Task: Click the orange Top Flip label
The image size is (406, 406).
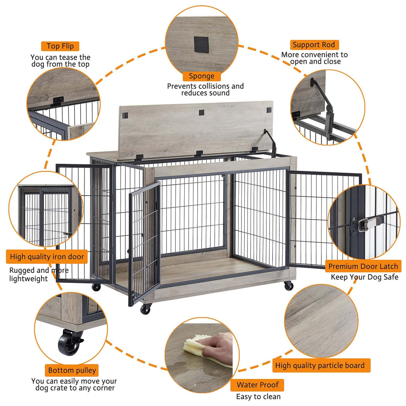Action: pyautogui.click(x=60, y=46)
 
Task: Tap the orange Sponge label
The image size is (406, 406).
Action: pyautogui.click(x=201, y=76)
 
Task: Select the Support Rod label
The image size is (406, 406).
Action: pyautogui.click(x=314, y=45)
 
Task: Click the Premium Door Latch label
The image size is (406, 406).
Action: pyautogui.click(x=363, y=266)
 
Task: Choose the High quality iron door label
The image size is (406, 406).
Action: pyautogui.click(x=47, y=257)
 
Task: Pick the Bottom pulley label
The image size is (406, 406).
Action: pyautogui.click(x=72, y=370)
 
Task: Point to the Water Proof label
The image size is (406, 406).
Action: pyautogui.click(x=257, y=385)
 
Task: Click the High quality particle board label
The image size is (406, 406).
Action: pyautogui.click(x=320, y=366)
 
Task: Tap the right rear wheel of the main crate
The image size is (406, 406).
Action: pyautogui.click(x=288, y=286)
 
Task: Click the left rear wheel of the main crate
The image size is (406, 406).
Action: pyautogui.click(x=96, y=287)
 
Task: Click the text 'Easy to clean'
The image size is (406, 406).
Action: pyautogui.click(x=258, y=397)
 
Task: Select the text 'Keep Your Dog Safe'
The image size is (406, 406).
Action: pyautogui.click(x=365, y=277)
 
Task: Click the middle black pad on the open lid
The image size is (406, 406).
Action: pyautogui.click(x=202, y=113)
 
